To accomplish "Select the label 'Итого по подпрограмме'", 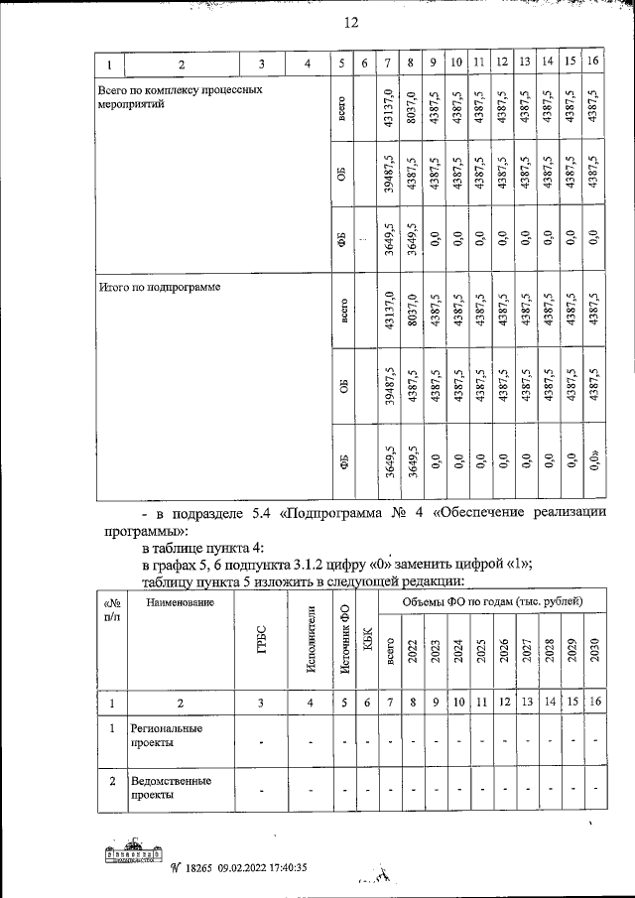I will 159,287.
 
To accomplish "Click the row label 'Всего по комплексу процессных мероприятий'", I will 180,95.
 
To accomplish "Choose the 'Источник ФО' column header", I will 343,644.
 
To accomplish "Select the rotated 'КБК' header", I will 367,651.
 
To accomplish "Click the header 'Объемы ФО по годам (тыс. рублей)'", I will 492,602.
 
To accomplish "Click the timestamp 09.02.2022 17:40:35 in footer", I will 264,867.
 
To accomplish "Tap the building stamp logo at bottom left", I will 132,859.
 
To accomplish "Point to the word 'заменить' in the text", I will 429,564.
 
